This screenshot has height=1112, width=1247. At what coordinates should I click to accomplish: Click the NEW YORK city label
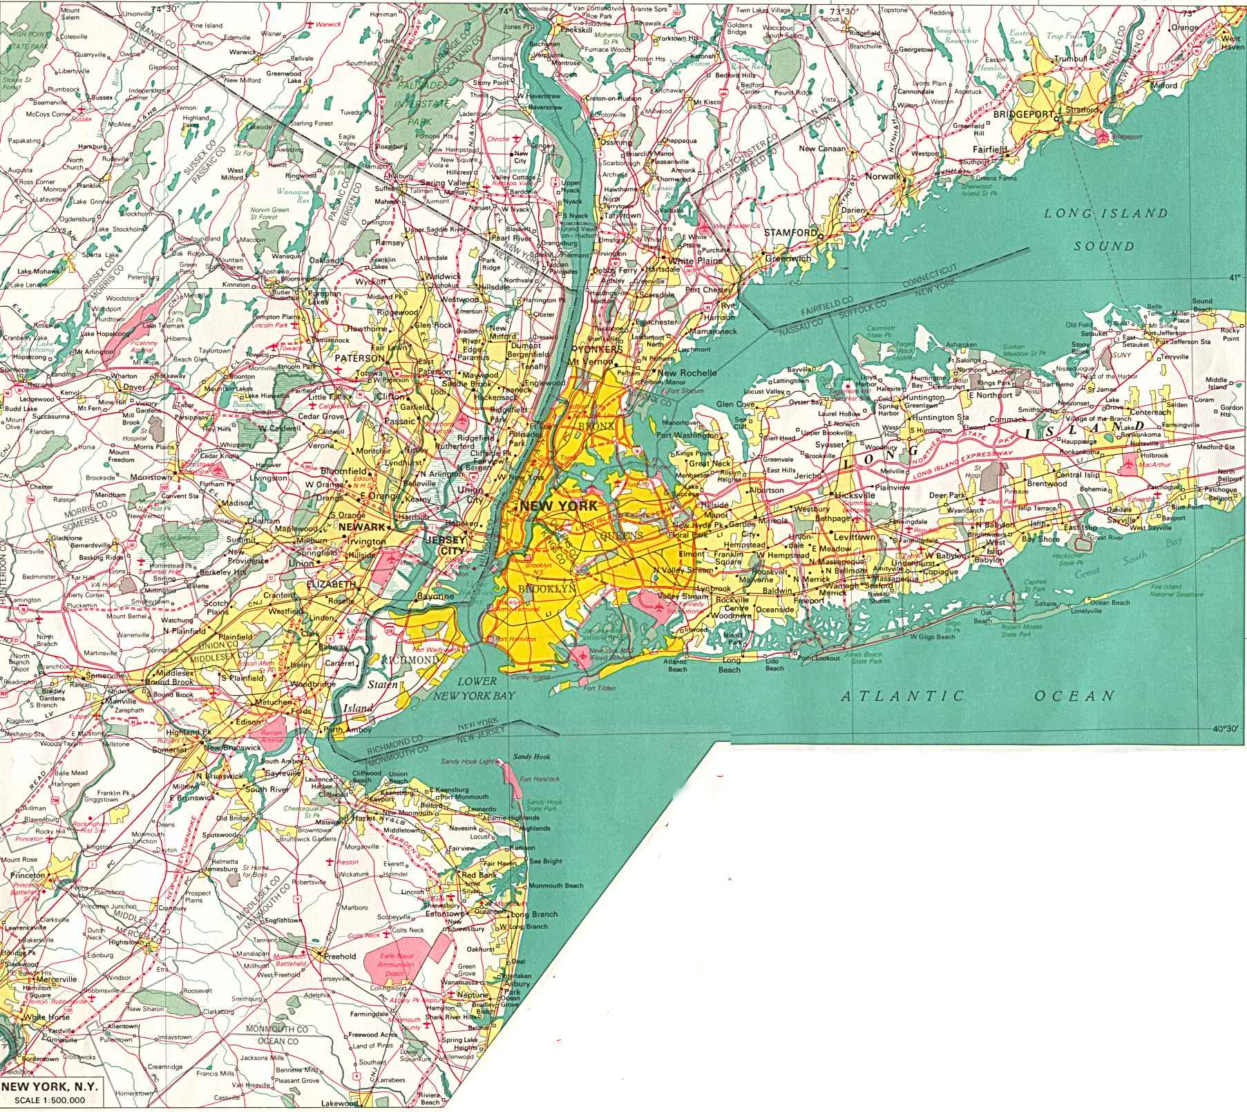pos(558,506)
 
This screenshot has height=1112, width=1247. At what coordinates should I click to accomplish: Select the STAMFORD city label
pos(790,233)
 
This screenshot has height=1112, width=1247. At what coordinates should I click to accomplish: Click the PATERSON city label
pos(359,359)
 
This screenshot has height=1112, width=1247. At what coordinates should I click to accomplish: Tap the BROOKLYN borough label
pos(546,588)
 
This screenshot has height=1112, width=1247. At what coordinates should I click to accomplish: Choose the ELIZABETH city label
pos(332,585)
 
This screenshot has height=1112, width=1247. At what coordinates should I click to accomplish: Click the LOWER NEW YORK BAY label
pos(476,688)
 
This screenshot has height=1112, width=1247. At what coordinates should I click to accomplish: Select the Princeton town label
pos(28,876)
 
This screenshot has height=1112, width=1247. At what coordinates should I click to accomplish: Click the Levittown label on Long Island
pos(855,536)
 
